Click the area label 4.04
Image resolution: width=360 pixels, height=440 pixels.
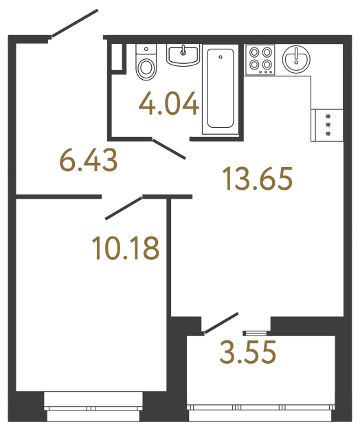(x=169, y=105)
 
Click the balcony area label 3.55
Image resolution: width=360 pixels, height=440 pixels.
(x=248, y=353)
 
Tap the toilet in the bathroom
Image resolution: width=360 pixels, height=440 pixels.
(x=146, y=67)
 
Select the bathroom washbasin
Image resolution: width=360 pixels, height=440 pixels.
(x=183, y=54)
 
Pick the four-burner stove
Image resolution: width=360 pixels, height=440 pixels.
(x=260, y=58)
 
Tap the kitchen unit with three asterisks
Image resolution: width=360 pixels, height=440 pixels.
(x=328, y=124)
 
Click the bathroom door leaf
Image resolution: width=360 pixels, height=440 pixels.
(x=168, y=149)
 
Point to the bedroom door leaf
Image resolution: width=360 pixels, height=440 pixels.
(x=123, y=208)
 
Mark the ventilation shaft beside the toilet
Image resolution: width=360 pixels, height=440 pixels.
(x=119, y=56)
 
